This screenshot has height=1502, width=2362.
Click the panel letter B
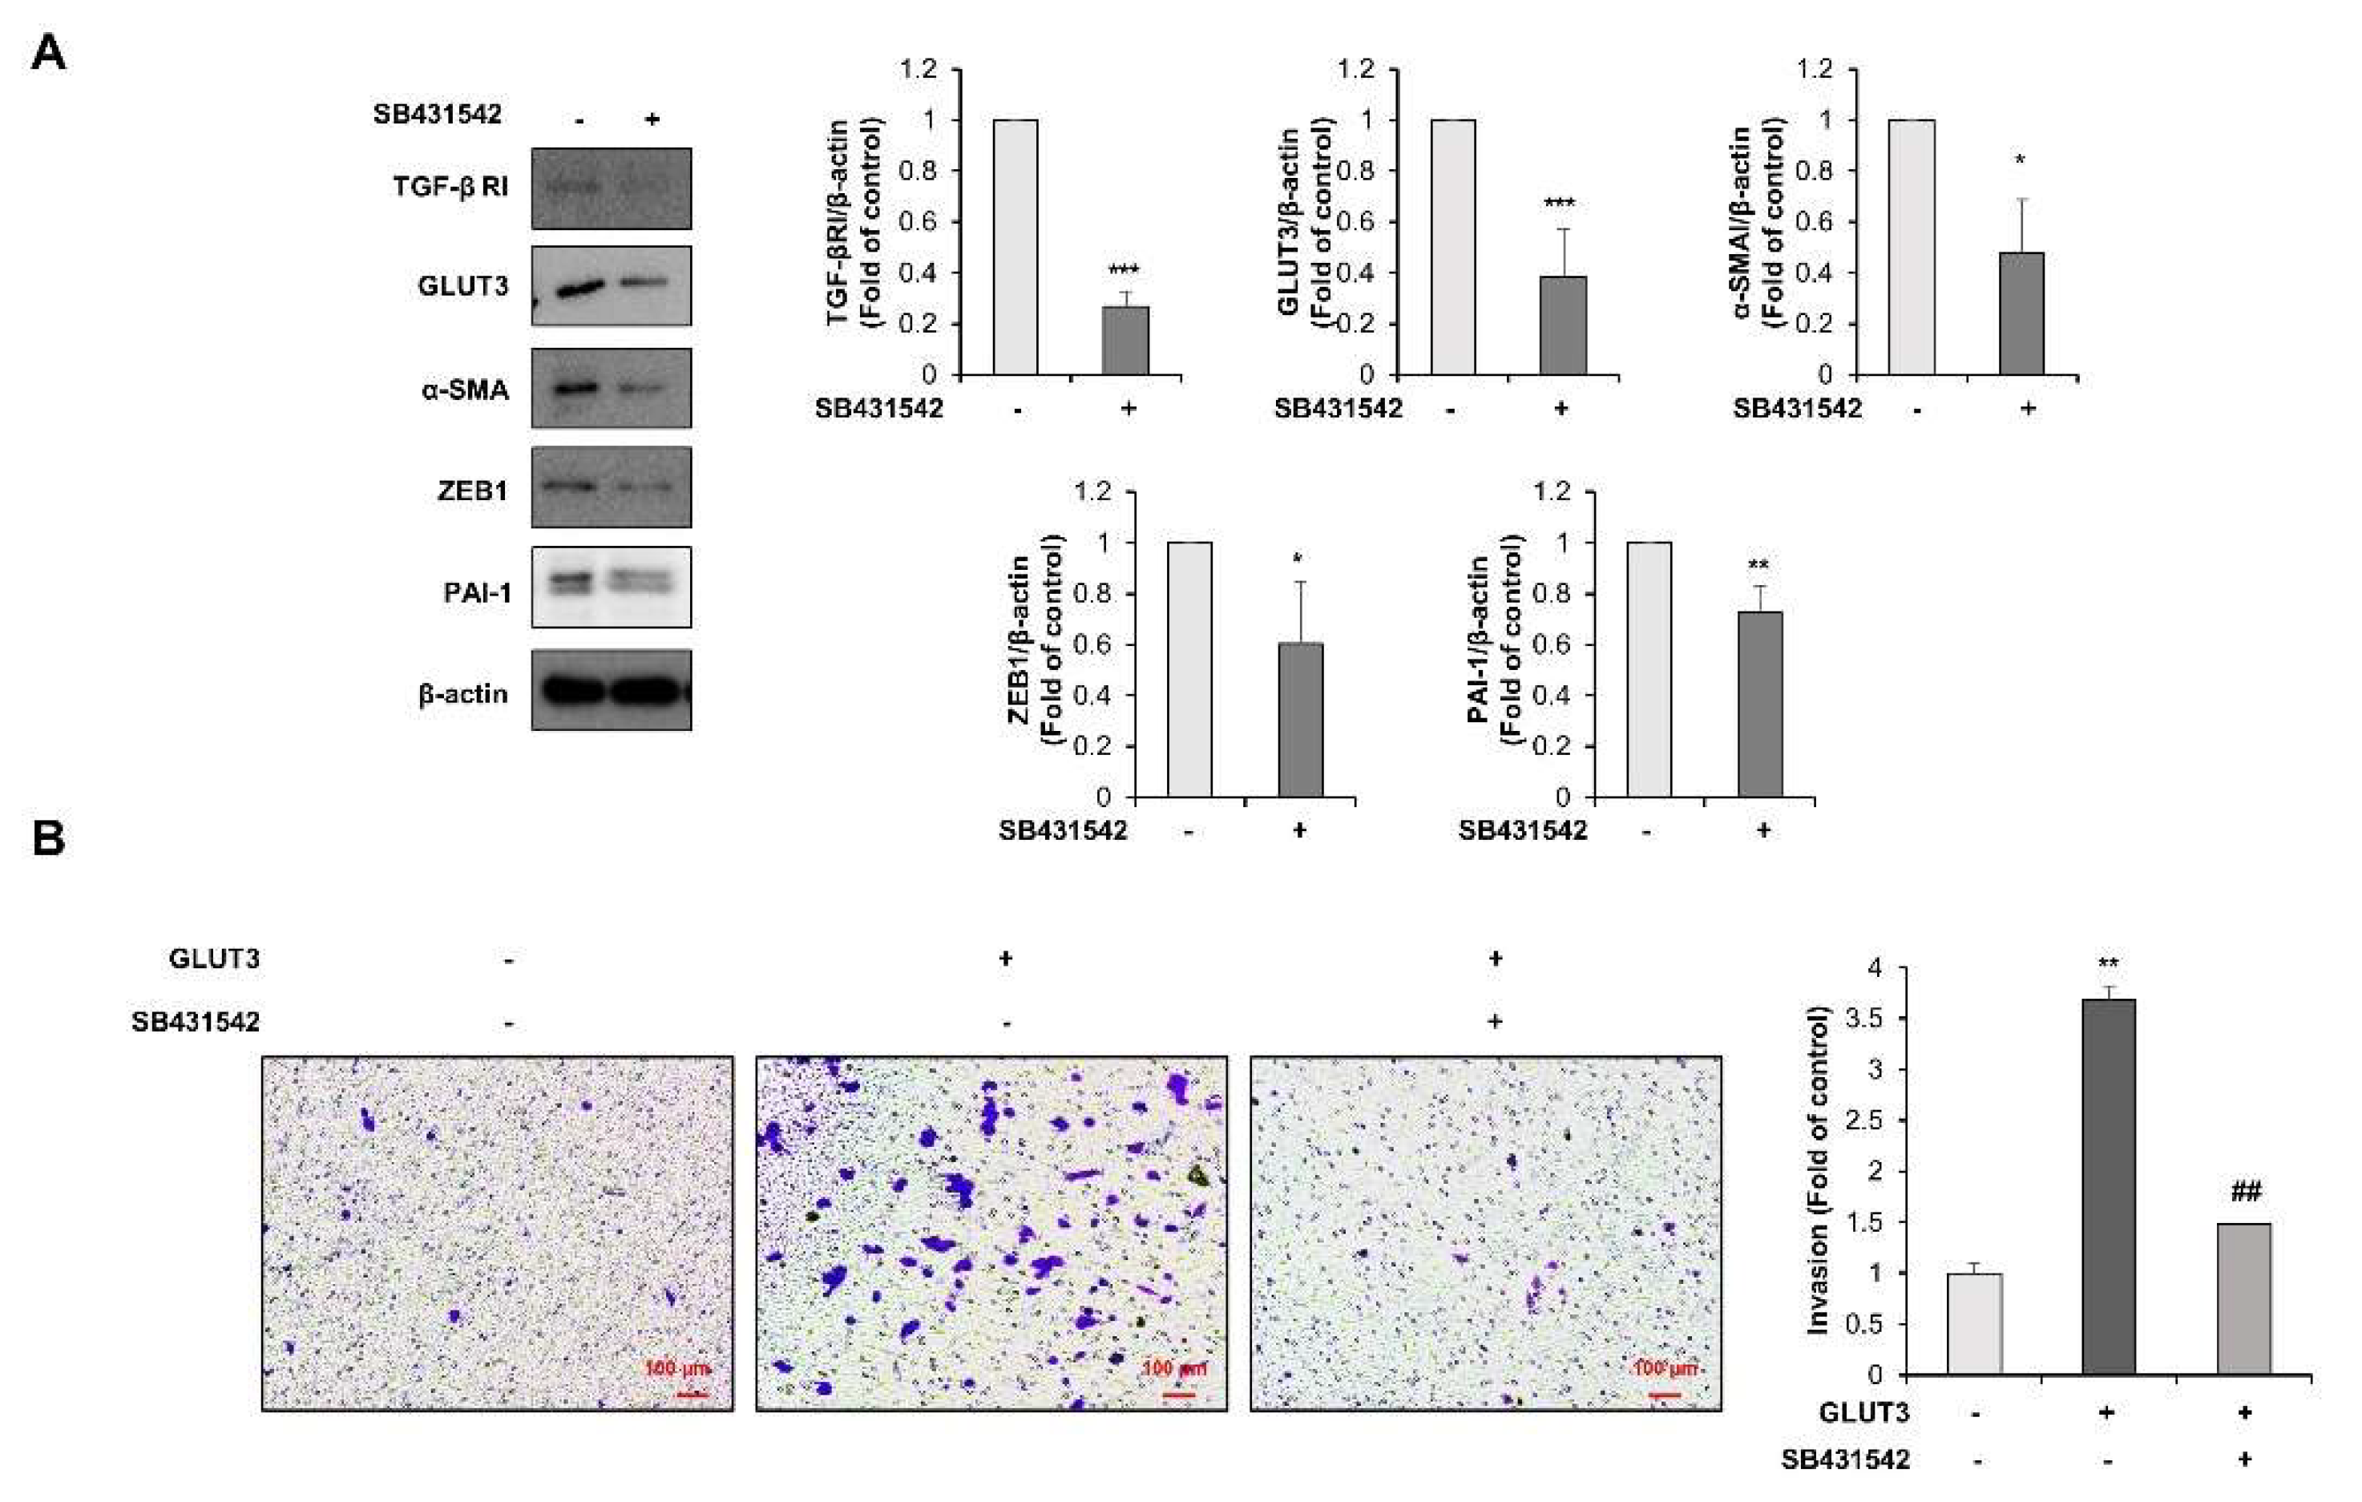click(x=48, y=839)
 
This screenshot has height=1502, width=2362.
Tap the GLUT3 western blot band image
click(x=611, y=286)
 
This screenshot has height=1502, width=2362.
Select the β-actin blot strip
click(x=611, y=691)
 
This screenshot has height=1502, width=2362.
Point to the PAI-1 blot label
click(x=477, y=592)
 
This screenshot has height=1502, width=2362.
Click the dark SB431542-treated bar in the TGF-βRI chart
click(x=1125, y=341)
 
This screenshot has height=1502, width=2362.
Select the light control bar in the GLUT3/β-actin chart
click(x=1453, y=247)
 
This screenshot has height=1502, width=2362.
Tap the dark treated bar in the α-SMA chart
click(x=2021, y=314)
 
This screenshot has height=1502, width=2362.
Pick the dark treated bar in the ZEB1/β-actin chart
click(x=1301, y=719)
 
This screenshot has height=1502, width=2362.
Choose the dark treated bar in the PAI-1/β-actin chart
click(x=1760, y=704)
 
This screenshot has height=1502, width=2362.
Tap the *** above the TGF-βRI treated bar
click(x=1124, y=271)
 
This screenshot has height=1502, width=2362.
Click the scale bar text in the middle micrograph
click(x=1174, y=1367)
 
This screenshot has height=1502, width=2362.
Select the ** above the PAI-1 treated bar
click(x=1758, y=565)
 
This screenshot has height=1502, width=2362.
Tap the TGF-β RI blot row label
click(x=450, y=187)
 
